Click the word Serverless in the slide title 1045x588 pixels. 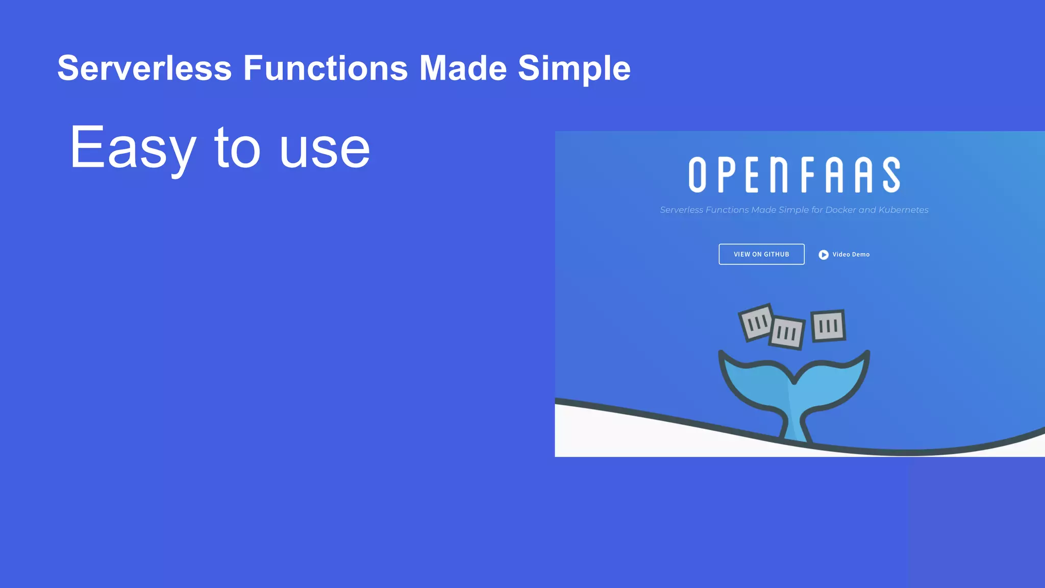click(x=144, y=68)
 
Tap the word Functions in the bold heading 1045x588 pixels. click(x=326, y=68)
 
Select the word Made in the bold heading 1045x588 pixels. click(x=463, y=68)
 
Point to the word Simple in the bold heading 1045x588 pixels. click(x=574, y=68)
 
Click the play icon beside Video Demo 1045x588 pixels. click(x=824, y=255)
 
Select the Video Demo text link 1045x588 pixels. click(x=851, y=255)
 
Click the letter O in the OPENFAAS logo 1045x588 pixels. click(x=697, y=175)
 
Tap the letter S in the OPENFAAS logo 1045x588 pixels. click(x=891, y=175)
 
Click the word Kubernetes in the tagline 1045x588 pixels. click(x=903, y=210)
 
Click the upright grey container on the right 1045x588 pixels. click(x=828, y=326)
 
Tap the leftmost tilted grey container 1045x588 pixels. click(x=756, y=322)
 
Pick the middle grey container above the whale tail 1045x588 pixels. click(x=787, y=333)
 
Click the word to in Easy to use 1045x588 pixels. click(x=237, y=148)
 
